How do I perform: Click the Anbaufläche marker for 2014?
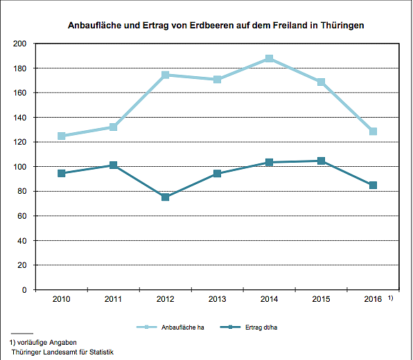click(x=269, y=59)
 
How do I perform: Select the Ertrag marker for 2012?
click(x=166, y=197)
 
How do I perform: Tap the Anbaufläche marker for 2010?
click(x=62, y=136)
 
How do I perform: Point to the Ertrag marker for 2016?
click(x=373, y=186)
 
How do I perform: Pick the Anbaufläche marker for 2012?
click(x=166, y=75)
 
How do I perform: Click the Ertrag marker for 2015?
click(x=321, y=161)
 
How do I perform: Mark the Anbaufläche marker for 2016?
click(x=373, y=132)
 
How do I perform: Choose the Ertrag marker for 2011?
click(x=114, y=165)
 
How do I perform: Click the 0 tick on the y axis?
click(x=24, y=290)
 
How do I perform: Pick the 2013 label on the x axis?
click(x=217, y=299)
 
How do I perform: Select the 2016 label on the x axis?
click(x=373, y=299)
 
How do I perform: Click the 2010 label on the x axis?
click(x=62, y=299)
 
